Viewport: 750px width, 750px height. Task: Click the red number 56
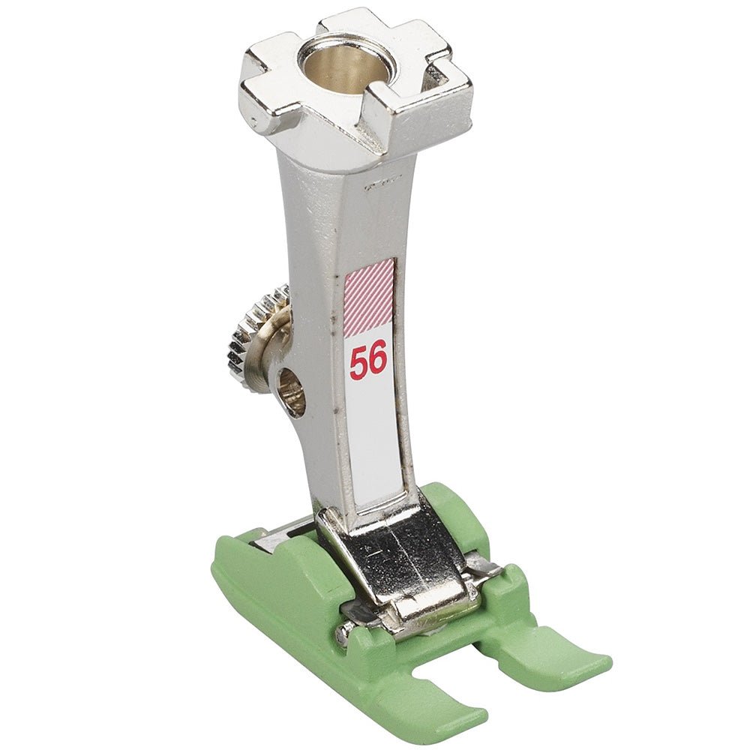click(x=367, y=361)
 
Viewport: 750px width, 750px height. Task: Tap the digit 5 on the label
click(x=358, y=362)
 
